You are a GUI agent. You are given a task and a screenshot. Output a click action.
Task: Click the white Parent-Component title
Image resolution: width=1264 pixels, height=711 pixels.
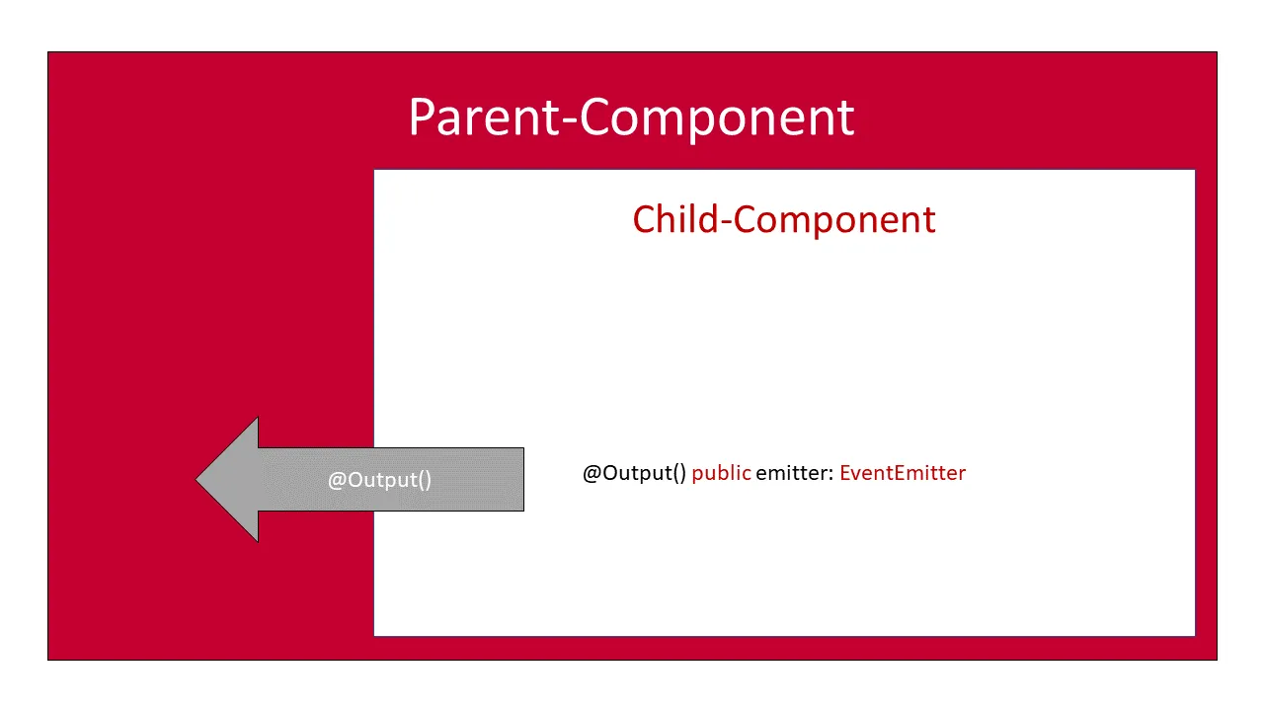point(631,118)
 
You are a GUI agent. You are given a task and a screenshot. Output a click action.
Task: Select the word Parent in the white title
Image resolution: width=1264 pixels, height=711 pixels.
point(483,118)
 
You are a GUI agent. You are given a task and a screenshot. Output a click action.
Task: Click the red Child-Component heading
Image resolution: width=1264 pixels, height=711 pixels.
point(784,219)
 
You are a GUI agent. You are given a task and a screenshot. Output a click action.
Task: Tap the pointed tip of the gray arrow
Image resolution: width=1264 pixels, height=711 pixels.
point(200,480)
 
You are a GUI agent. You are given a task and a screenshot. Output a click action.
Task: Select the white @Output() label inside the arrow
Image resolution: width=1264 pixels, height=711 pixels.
point(379,480)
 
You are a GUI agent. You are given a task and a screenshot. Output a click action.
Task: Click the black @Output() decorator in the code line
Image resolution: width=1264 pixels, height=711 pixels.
point(634,473)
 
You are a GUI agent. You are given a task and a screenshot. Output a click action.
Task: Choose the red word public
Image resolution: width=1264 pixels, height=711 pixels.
point(721,473)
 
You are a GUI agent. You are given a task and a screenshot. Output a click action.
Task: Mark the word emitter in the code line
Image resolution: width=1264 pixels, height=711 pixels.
point(792,473)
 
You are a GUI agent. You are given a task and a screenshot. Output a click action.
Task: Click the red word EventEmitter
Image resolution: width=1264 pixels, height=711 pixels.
point(903,473)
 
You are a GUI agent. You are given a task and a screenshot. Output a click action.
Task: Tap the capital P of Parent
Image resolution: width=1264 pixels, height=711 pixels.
point(422,118)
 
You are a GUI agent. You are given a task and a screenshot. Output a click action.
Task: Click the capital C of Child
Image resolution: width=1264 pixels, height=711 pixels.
point(645,219)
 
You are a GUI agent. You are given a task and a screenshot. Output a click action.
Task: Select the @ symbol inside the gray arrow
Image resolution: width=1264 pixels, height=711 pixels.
point(337,480)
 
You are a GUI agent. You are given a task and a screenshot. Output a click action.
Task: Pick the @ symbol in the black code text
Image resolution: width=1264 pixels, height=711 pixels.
point(592,473)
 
